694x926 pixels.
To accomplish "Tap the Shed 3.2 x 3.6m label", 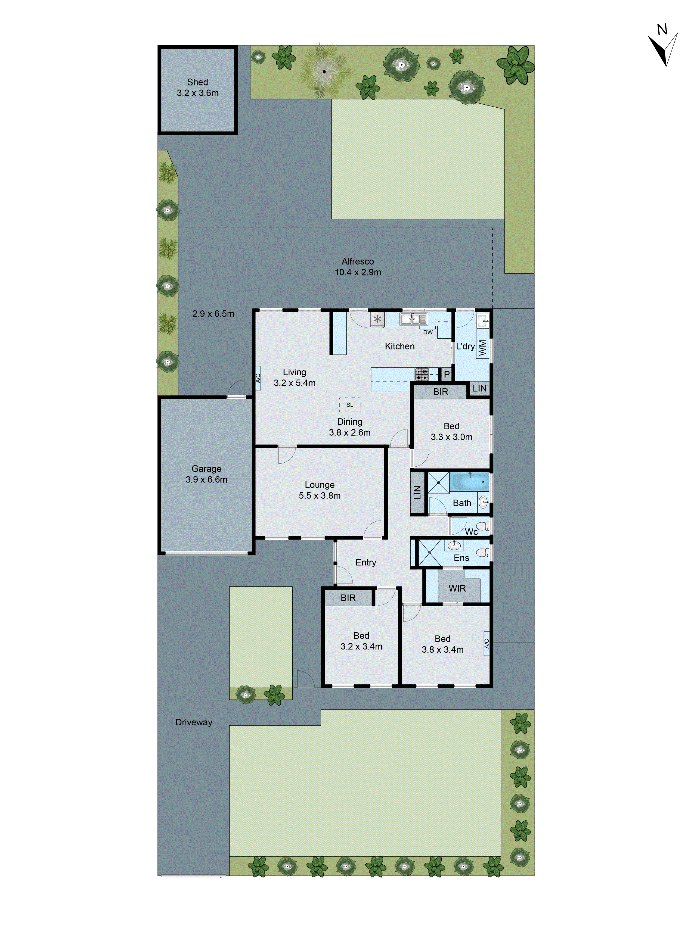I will point(198,87).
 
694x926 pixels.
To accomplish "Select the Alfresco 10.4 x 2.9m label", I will point(358,267).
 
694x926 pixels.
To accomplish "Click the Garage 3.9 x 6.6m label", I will point(206,474).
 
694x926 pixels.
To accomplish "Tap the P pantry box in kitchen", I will point(446,374).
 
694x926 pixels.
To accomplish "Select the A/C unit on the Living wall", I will point(258,378).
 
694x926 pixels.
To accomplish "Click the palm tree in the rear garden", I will point(324,72).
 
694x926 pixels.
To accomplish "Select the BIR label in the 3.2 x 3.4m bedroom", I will point(348,598).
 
